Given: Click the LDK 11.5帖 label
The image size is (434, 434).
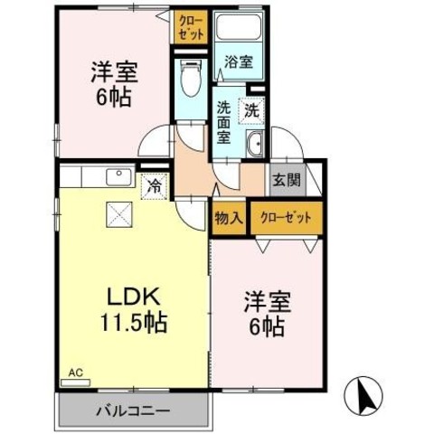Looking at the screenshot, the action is [134, 309].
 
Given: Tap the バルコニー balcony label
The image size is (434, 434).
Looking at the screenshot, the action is [134, 411].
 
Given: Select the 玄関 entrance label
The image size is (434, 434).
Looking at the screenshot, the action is [287, 181].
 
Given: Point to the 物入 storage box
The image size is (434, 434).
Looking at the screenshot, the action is [229, 218].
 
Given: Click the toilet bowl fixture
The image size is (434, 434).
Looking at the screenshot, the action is [192, 79].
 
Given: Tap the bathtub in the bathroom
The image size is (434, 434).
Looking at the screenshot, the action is [238, 26].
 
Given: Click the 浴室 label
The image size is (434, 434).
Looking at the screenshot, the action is [239, 62].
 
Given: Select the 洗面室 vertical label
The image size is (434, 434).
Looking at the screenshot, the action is [223, 123].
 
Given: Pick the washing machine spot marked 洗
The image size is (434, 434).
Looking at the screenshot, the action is [251, 110].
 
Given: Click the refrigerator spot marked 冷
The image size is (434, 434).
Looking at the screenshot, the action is [154, 186].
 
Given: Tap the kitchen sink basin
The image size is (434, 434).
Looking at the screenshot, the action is [118, 177].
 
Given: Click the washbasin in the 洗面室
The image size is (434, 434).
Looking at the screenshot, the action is [255, 144].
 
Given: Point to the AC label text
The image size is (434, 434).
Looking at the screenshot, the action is [75, 373].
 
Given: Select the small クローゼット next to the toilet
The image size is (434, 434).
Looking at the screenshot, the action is [192, 27].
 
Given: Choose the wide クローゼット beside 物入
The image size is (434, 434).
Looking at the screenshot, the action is [287, 218].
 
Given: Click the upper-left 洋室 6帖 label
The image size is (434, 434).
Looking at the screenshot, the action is [114, 84].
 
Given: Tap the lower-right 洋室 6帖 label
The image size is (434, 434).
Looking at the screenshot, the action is [267, 314].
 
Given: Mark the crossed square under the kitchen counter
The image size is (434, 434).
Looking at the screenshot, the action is [119, 214].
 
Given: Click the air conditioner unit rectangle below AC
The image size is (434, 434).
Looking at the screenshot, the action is [75, 382].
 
